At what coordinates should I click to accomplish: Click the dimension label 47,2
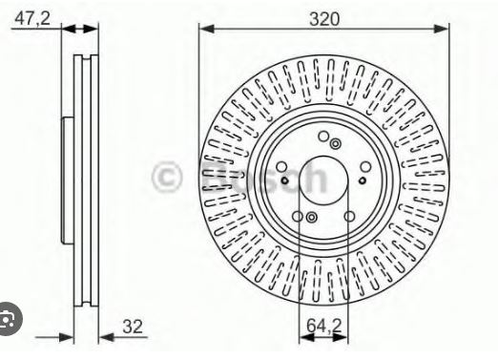point(32,18)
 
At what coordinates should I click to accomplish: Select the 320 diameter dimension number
point(324,19)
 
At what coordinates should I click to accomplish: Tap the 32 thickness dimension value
point(133,327)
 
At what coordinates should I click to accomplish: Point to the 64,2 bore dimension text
point(323,325)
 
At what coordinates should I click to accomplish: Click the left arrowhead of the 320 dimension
point(207,29)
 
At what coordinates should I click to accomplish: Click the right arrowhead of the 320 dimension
point(442,29)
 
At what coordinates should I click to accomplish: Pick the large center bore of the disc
point(323,180)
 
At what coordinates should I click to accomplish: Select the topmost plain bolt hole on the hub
point(323,137)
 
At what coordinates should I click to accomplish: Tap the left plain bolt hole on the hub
point(281,166)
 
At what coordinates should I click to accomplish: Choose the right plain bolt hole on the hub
point(365,166)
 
